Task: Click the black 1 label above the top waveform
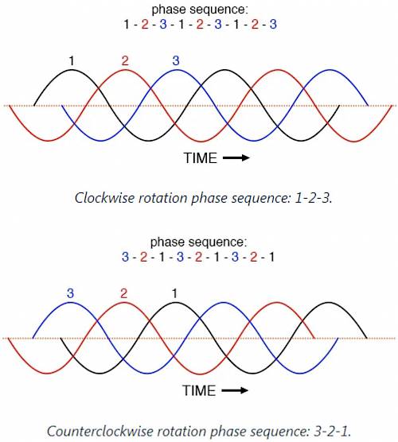click(72, 60)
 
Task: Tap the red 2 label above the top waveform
click(125, 60)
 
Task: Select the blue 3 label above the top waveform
click(176, 60)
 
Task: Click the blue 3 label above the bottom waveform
click(70, 293)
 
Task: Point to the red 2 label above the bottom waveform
click(123, 293)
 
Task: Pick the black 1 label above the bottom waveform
click(175, 293)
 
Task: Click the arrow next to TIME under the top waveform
click(236, 157)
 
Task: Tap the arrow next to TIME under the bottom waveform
click(235, 390)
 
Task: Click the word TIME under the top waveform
click(200, 158)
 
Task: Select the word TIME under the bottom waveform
click(199, 390)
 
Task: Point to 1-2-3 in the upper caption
click(313, 198)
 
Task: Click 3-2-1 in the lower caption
click(331, 432)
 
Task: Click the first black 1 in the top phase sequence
click(127, 24)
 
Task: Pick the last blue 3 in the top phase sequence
click(273, 24)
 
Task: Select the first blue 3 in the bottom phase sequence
click(125, 257)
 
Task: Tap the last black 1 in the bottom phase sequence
click(271, 257)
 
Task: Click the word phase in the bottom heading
click(168, 242)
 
